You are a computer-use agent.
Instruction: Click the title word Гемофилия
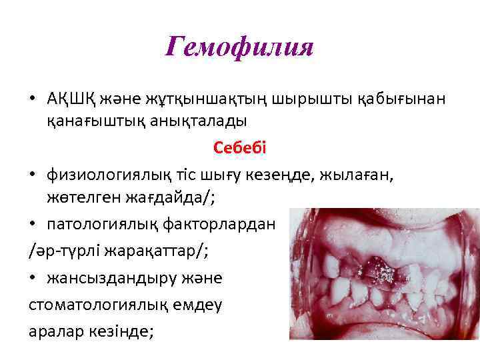(239, 47)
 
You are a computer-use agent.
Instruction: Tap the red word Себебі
(239, 147)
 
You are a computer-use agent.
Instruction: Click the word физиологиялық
(113, 175)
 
